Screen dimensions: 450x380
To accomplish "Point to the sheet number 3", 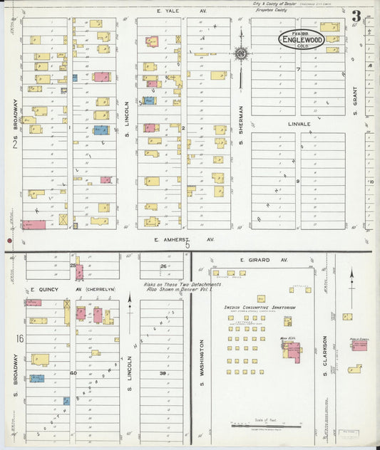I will pyautogui.click(x=355, y=16).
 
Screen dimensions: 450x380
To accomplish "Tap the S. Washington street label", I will pyautogui.click(x=202, y=356).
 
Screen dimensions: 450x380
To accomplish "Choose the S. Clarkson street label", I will pyautogui.click(x=324, y=352).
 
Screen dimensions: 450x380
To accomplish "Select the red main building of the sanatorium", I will pyautogui.click(x=293, y=351).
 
